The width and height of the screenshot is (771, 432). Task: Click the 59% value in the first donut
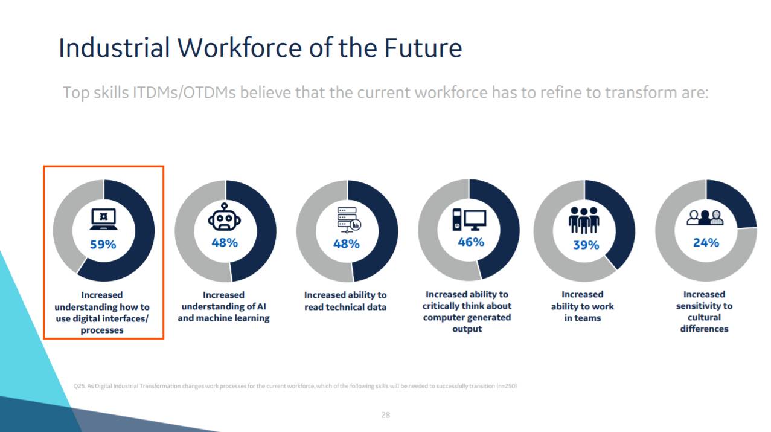point(103,245)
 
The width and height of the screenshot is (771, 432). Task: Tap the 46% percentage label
point(471,242)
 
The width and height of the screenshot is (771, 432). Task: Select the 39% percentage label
point(586,245)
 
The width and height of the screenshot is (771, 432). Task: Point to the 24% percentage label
point(706,242)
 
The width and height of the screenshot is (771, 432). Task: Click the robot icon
point(225,217)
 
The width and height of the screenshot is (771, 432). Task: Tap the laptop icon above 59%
point(103,219)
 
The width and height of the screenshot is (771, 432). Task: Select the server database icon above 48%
point(349,220)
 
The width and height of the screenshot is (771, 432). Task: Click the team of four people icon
point(584,220)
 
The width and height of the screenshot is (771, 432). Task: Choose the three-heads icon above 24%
point(705,218)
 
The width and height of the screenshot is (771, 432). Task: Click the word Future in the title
point(423,48)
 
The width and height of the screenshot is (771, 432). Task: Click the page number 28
point(385,415)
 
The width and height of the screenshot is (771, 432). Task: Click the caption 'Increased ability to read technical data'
point(345,301)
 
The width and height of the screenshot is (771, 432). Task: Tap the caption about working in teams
point(583,306)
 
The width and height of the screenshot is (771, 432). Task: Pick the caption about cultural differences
point(704,311)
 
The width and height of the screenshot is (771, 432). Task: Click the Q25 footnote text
point(295,386)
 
